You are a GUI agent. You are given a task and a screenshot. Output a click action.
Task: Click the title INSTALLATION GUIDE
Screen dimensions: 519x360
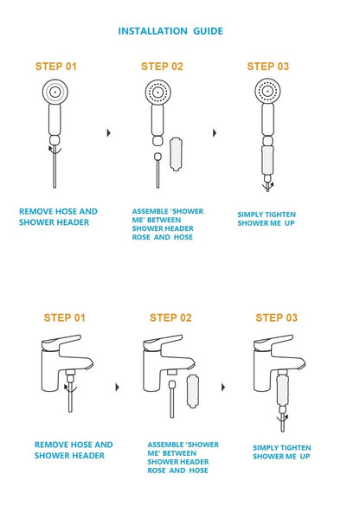point(170,31)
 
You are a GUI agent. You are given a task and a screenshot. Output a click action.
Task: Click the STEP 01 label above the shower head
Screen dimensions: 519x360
point(55,66)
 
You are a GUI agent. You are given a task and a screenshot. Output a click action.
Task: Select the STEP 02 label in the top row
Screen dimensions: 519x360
point(162,66)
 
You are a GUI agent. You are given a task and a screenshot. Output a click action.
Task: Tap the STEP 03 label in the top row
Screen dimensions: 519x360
point(267,66)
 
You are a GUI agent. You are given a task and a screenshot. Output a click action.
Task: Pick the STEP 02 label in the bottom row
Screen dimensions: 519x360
point(170,317)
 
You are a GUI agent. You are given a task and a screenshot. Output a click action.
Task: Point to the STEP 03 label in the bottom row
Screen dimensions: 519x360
point(276,317)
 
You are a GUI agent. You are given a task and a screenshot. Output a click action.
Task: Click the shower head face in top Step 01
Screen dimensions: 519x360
point(55,91)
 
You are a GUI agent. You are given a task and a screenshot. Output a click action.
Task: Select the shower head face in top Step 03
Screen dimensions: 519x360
point(267,90)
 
